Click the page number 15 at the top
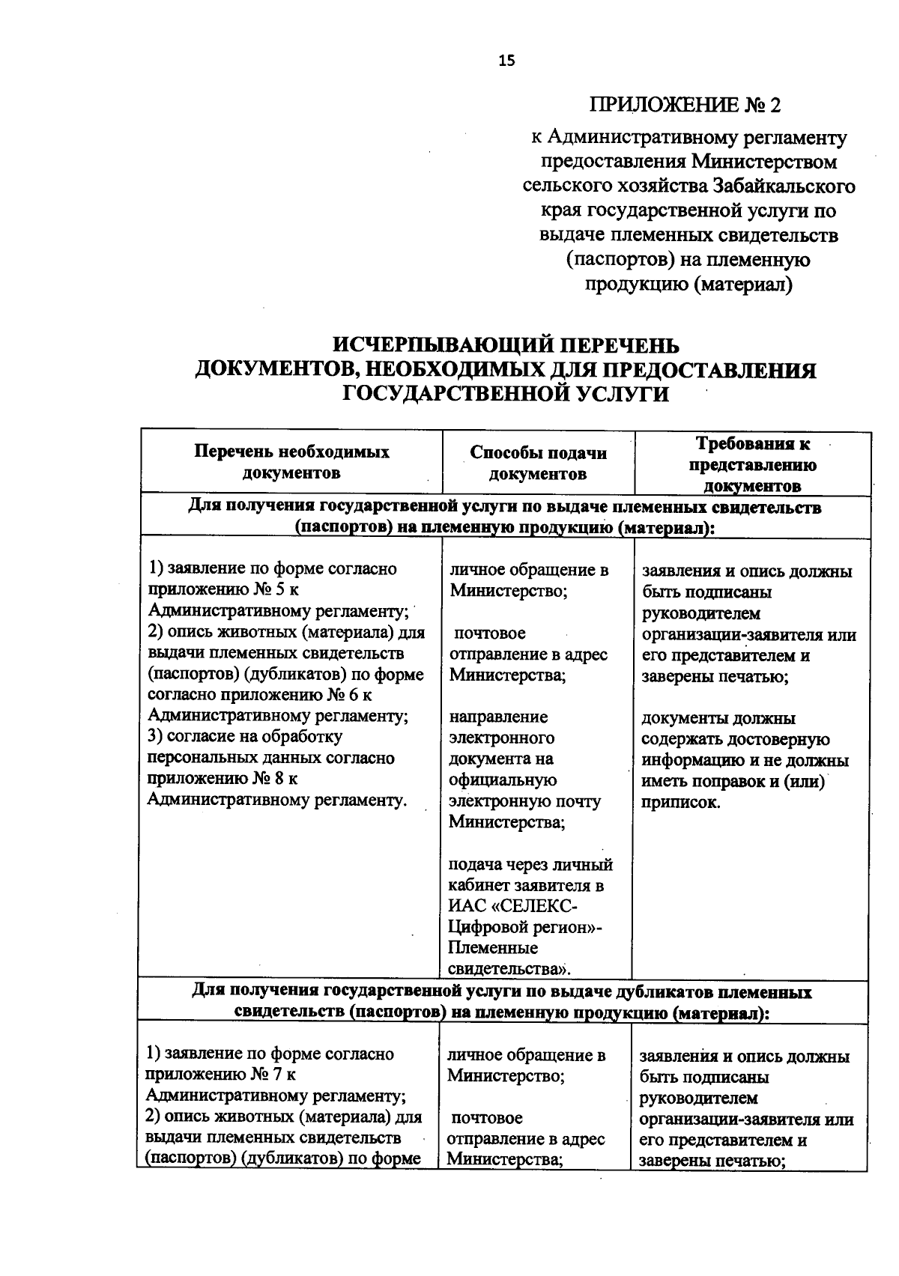tap(507, 61)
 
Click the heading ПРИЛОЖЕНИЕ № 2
tap(685, 105)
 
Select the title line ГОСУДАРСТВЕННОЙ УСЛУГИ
tap(506, 394)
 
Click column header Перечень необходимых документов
tap(292, 462)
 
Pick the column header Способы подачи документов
tap(538, 463)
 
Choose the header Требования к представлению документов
tap(753, 464)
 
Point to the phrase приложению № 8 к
tap(223, 779)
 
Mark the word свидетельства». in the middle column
tap(509, 969)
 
